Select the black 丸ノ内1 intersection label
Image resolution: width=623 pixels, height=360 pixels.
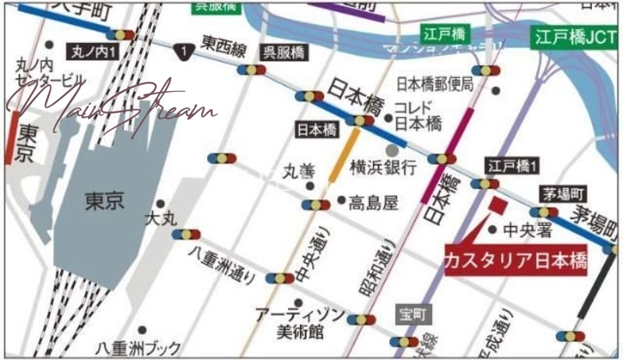tap(93, 53)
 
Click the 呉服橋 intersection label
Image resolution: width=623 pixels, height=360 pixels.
tap(283, 52)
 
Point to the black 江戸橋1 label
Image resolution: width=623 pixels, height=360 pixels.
tap(512, 165)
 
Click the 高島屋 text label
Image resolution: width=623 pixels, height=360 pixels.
tap(373, 203)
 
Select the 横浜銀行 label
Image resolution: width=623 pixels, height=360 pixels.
tap(383, 166)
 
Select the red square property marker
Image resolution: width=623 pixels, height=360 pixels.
tap(497, 205)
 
